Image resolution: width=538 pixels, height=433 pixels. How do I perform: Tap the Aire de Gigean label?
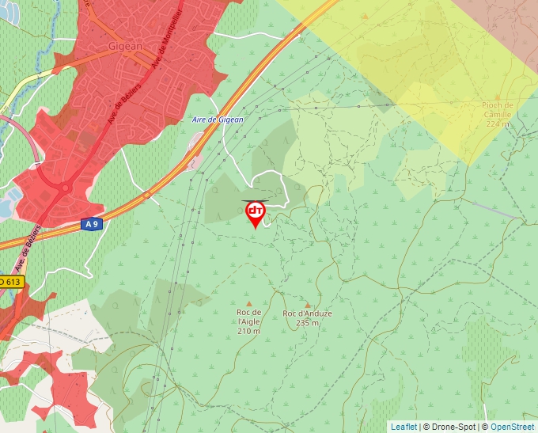218,120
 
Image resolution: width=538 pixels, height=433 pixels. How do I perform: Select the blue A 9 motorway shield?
93,224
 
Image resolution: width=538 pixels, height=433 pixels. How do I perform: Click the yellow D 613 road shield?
11,282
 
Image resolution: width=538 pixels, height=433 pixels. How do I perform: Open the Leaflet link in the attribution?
403,427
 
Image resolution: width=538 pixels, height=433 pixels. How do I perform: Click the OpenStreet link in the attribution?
513,427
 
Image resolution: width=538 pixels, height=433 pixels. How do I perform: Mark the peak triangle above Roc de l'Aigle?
249,303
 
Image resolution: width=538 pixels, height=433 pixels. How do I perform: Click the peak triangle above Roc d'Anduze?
308,304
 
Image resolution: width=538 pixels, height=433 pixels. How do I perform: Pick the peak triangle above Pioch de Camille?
498,95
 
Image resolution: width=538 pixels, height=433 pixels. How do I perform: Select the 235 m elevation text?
307,323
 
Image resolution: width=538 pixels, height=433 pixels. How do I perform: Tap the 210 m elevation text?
248,331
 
